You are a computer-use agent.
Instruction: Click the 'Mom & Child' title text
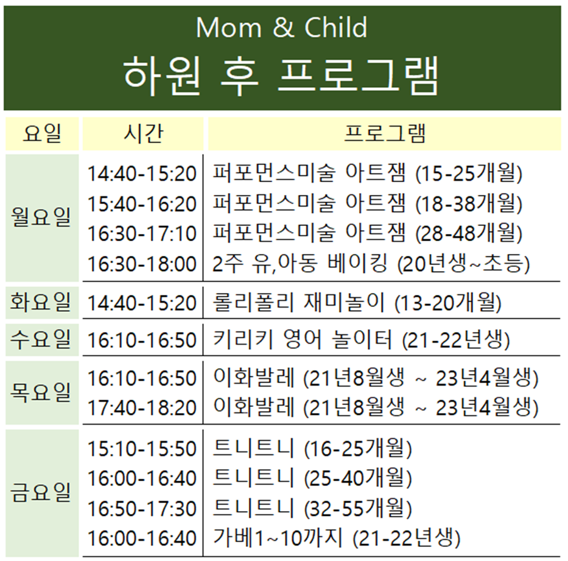coord(281,27)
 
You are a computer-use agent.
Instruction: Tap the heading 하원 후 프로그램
coord(281,76)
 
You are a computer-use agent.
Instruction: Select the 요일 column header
coord(42,133)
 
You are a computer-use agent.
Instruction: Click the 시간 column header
coord(144,133)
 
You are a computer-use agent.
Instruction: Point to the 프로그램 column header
coord(385,133)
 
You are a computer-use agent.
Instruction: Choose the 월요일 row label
coord(41,217)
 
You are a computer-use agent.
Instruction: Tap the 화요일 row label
coord(41,302)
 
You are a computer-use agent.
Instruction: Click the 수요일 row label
coord(41,339)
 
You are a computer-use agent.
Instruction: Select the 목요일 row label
coord(41,392)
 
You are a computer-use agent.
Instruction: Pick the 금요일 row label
coord(41,493)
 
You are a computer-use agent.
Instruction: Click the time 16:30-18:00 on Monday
coord(142,264)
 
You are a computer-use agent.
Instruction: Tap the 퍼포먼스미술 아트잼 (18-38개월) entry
coord(367,203)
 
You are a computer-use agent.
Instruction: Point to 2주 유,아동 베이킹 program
coord(371,264)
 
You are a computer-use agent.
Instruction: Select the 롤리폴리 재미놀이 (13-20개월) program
coord(357,303)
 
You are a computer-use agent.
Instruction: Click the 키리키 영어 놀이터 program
coord(361,340)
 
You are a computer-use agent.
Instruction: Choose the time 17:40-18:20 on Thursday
coord(142,408)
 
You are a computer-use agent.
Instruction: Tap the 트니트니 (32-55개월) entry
coord(312,508)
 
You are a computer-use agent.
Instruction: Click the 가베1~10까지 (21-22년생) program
coord(337,538)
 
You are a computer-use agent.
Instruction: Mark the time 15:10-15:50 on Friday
coord(142,449)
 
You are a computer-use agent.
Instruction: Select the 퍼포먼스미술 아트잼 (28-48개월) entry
coord(367,233)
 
